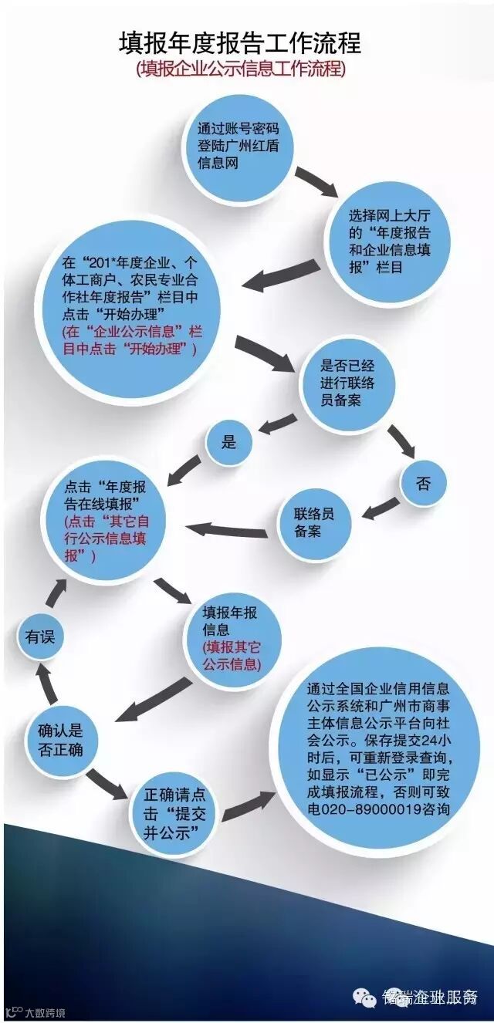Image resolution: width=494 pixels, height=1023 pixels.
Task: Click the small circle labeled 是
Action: coord(228,442)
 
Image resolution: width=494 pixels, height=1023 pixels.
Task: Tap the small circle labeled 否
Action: coord(423,484)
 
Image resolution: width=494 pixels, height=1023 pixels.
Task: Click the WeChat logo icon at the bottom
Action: coord(364,996)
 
